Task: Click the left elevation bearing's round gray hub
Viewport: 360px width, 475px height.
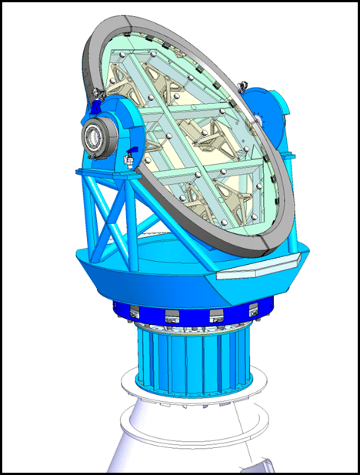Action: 94,137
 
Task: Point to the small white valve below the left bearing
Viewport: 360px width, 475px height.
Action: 128,160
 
